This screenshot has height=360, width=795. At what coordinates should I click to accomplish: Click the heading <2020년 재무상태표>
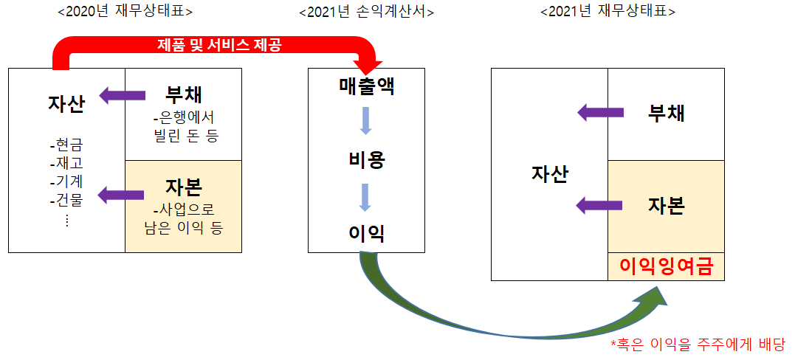(125, 12)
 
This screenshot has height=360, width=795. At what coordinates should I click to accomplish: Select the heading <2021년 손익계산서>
(366, 12)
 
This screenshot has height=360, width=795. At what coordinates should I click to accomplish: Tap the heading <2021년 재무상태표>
(608, 12)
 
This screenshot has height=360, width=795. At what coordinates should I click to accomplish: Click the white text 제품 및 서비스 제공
(219, 45)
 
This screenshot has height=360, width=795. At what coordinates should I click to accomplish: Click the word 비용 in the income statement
(366, 159)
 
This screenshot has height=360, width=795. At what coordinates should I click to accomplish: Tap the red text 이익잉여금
(667, 266)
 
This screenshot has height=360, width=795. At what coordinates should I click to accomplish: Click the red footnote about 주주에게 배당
(698, 344)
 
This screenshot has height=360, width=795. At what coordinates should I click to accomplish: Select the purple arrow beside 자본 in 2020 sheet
(121, 195)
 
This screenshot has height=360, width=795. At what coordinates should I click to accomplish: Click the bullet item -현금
(66, 145)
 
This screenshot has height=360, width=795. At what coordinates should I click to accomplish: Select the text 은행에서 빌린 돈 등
(182, 127)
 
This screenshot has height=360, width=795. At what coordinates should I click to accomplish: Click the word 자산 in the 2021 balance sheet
(549, 174)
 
